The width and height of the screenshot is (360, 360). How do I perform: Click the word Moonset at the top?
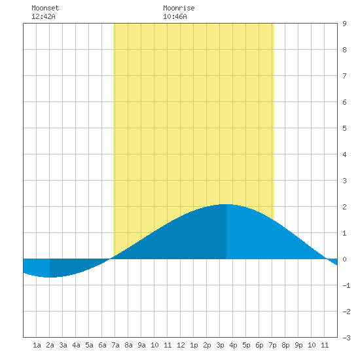click(45, 8)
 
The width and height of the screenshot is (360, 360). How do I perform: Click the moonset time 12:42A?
click(43, 16)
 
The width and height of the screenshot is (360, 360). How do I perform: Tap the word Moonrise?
click(179, 8)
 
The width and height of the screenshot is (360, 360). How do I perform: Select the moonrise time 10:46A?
click(175, 16)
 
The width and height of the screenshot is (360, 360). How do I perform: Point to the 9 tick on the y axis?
click(344, 24)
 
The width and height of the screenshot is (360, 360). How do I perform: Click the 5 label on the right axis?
click(344, 128)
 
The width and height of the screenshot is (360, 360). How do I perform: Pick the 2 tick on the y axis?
click(344, 207)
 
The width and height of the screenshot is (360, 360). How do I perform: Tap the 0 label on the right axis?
click(344, 259)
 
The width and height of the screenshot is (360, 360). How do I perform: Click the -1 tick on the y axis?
click(346, 285)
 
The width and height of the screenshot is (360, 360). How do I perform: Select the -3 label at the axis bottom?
click(346, 338)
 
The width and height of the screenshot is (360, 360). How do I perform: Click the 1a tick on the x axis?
click(37, 345)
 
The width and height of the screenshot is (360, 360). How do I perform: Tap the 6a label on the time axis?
click(102, 345)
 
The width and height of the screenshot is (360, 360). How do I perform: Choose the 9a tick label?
click(141, 345)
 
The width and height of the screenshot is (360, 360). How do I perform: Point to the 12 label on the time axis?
click(181, 345)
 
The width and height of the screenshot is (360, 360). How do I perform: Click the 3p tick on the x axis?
click(220, 345)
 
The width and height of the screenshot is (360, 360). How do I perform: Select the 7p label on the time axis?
click(272, 345)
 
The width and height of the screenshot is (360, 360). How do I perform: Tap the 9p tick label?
click(298, 345)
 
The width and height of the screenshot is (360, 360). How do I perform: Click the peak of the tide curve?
click(226, 204)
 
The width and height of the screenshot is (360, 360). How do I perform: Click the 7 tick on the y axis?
click(344, 76)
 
